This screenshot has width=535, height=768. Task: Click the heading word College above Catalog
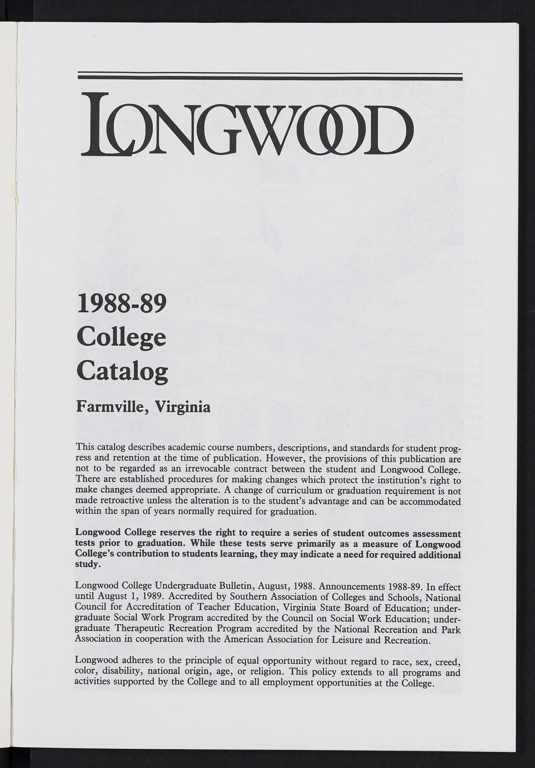121,339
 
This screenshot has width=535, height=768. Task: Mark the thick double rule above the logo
270,76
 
